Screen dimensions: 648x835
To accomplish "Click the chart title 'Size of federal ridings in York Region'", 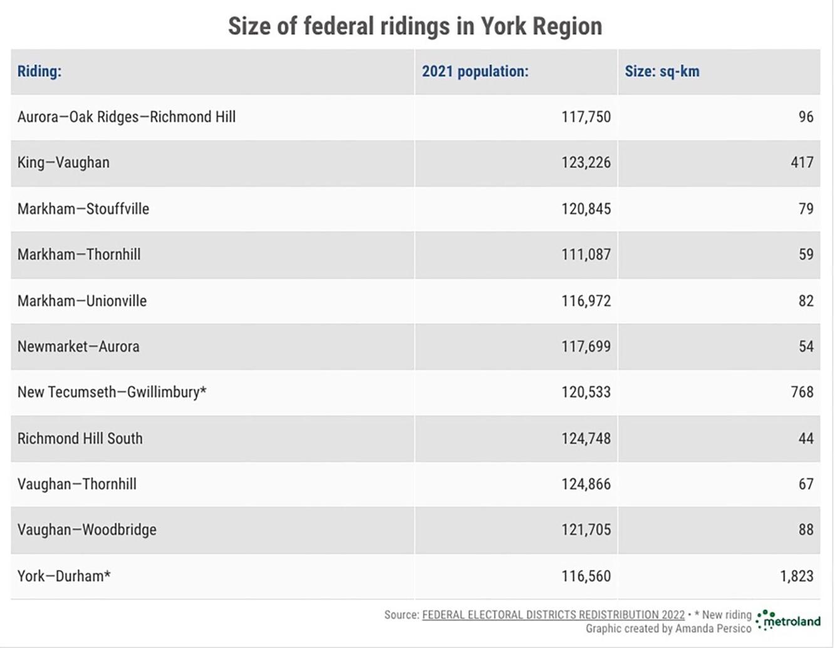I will [415, 26].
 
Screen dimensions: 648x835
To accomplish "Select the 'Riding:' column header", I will [39, 71].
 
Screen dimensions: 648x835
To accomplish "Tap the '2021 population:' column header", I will [475, 71].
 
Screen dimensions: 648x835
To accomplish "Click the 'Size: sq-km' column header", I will [661, 71].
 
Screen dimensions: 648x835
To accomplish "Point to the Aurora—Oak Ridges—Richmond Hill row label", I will [127, 117].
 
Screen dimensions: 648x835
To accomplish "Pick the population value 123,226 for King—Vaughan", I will [586, 163].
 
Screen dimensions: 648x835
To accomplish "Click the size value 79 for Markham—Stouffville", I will [806, 209].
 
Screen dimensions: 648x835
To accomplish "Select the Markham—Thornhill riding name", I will [79, 254].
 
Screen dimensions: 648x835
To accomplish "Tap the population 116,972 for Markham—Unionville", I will [586, 301].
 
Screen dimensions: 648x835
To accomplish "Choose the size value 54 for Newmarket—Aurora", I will [806, 347].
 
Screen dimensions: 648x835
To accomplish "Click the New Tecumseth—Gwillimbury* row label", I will [112, 392].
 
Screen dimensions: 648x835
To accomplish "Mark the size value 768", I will [802, 392].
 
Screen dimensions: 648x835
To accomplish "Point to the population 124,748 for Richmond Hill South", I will [586, 439].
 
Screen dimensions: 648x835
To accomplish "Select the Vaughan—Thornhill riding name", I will [77, 484].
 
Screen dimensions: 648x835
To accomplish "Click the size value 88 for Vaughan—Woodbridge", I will [806, 530].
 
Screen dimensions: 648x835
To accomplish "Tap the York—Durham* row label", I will [64, 576].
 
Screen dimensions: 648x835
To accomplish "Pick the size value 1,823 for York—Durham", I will [796, 576].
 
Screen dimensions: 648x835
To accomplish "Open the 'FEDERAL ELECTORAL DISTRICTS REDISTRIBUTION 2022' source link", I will [553, 615].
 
